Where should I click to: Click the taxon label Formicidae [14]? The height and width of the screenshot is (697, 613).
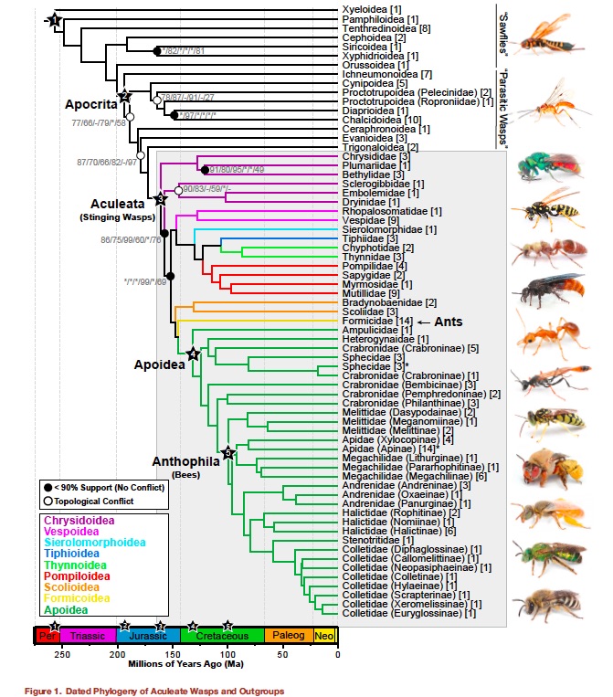click(377, 322)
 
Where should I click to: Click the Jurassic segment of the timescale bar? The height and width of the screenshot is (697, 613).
click(148, 634)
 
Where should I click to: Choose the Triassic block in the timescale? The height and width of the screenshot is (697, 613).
click(88, 634)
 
